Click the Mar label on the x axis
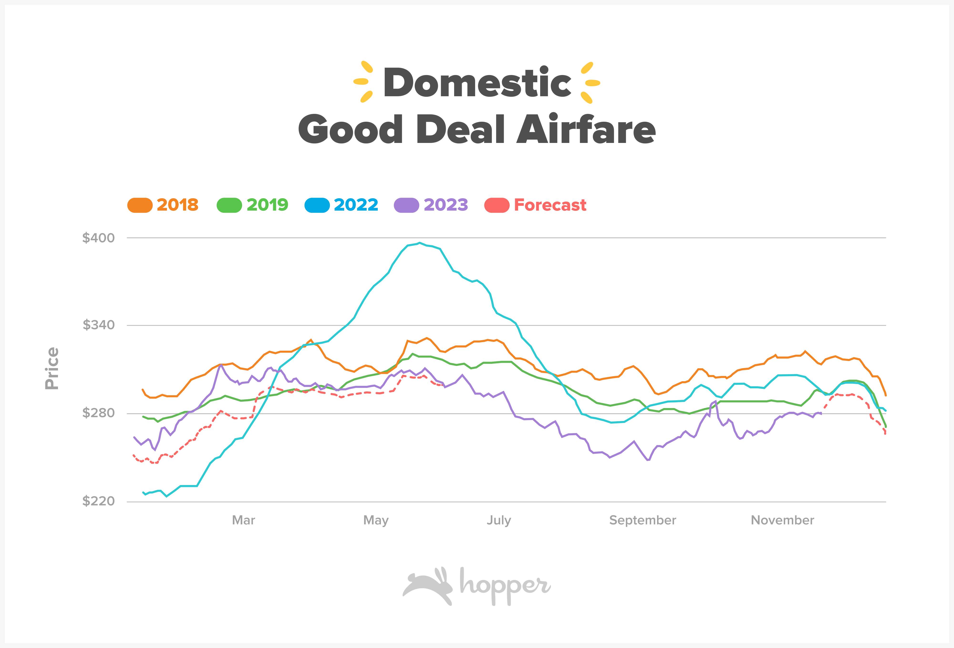(244, 521)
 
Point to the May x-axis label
(376, 521)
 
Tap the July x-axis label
(499, 521)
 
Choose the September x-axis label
(643, 521)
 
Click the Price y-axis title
(52, 368)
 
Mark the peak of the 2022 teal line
(419, 243)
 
